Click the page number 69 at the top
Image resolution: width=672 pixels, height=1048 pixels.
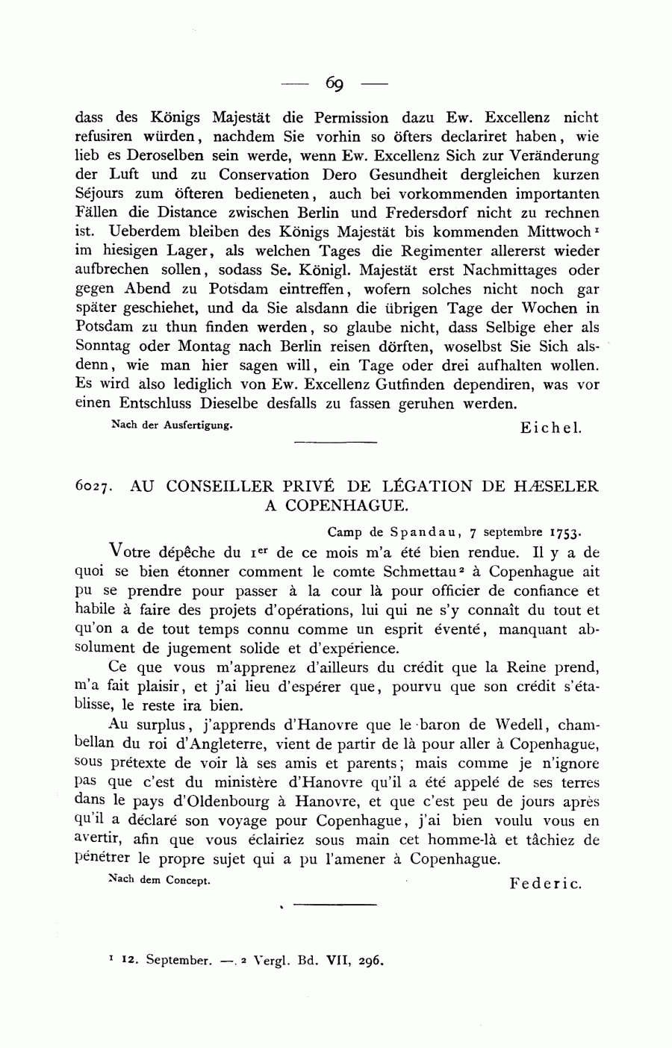334,83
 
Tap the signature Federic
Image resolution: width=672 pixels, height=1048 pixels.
544,883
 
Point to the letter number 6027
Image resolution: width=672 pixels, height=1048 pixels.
94,487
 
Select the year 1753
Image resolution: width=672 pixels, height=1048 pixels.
565,533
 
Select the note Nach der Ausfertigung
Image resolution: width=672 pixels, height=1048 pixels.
172,425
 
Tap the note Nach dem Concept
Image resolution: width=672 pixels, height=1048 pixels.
160,880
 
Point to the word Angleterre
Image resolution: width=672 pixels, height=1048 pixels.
217,743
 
